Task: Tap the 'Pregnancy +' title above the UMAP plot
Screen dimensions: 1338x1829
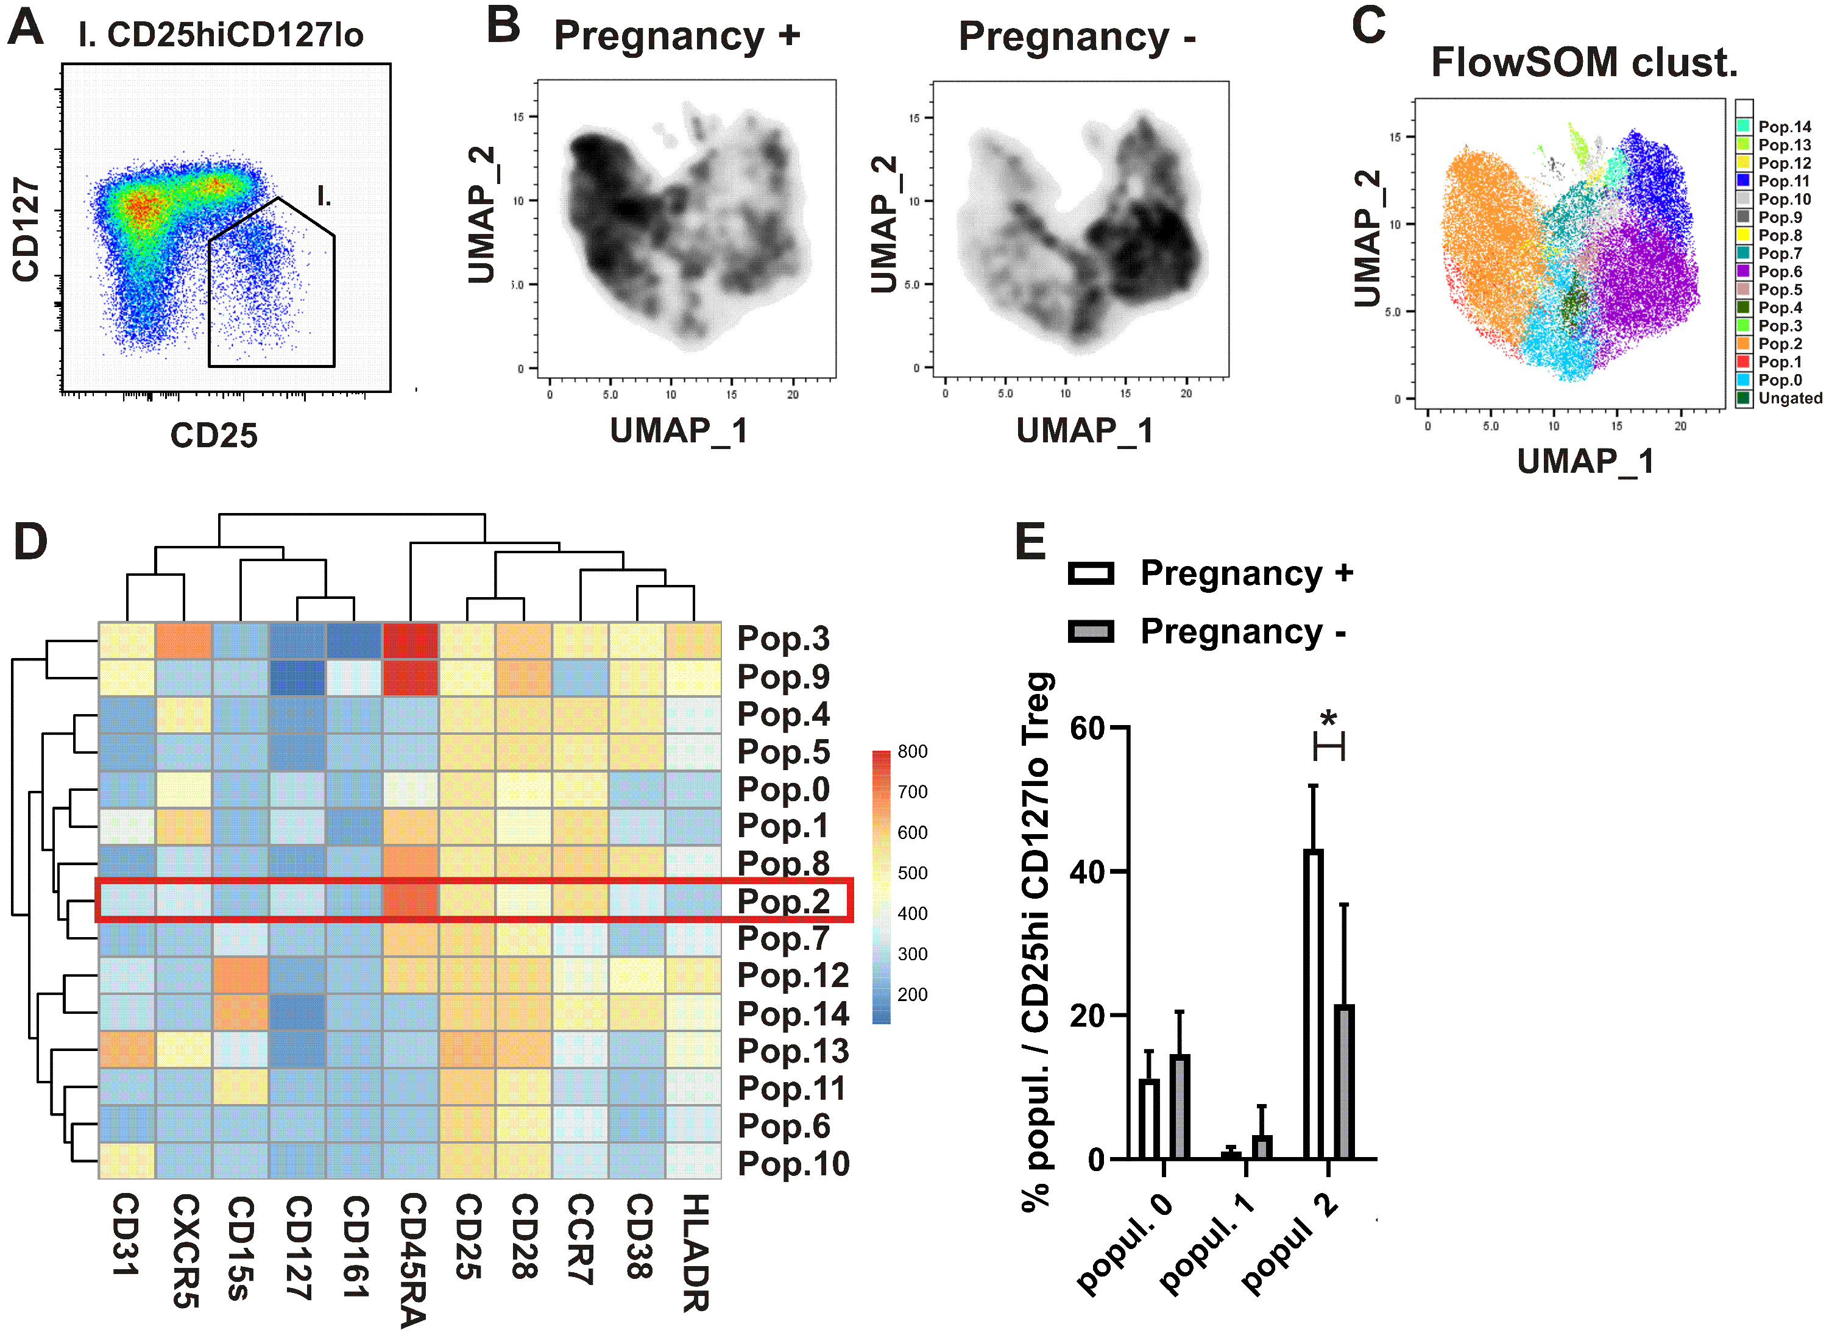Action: (x=676, y=37)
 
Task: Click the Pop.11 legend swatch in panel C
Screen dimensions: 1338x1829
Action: (x=1743, y=180)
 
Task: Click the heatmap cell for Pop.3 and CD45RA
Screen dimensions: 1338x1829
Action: (x=411, y=640)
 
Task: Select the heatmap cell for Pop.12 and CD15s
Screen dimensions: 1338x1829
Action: (x=241, y=975)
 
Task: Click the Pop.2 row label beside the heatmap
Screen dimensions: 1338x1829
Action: (x=783, y=901)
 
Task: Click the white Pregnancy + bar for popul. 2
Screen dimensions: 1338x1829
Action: (x=1312, y=1004)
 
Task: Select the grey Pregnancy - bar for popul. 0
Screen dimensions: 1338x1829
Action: (x=1179, y=1106)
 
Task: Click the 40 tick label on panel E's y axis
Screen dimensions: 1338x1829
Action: (x=1085, y=873)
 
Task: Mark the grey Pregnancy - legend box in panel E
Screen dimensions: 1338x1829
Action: (x=1091, y=632)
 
